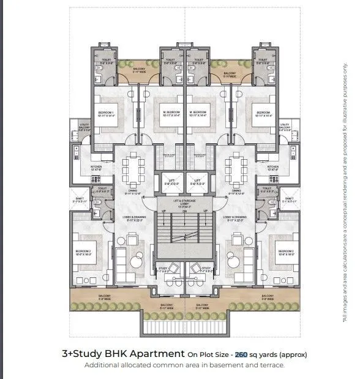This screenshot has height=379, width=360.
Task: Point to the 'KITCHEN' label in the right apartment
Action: tap(272, 167)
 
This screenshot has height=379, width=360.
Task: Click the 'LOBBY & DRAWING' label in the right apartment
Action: tap(235, 217)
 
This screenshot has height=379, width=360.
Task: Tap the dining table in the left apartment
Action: tap(133, 168)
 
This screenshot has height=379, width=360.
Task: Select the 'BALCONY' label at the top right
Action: tap(230, 73)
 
